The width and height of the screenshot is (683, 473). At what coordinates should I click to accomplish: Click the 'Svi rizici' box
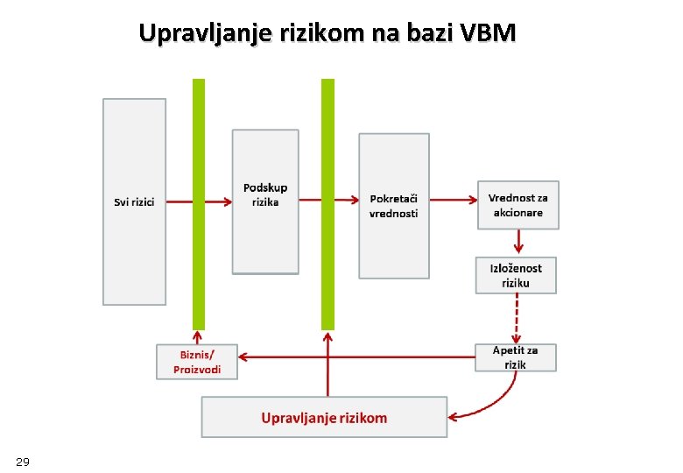(x=134, y=201)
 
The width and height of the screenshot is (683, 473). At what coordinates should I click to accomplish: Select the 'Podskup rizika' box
(x=265, y=202)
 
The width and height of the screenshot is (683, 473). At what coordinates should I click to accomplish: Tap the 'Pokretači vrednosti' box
(x=394, y=206)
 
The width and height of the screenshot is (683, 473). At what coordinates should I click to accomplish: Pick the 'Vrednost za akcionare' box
(x=518, y=205)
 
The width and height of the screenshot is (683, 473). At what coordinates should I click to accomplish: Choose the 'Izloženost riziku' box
(x=516, y=275)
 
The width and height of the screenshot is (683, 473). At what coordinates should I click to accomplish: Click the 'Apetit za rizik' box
(x=515, y=357)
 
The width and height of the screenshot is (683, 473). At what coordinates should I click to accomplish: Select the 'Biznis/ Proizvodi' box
(x=196, y=362)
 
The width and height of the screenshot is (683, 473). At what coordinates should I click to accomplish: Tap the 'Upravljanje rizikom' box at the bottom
(x=324, y=418)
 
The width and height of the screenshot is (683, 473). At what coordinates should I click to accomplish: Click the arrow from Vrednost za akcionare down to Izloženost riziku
(x=518, y=242)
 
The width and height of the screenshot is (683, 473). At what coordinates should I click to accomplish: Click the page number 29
(x=23, y=462)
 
